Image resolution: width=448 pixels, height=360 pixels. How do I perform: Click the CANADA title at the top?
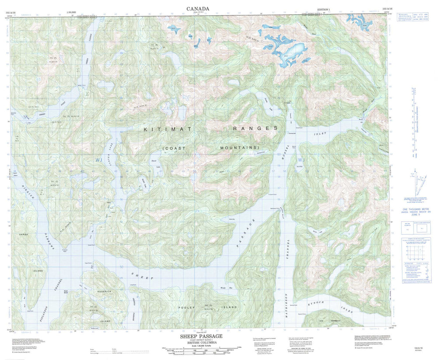point(198,8)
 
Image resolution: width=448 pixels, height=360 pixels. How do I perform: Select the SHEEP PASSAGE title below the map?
point(201,336)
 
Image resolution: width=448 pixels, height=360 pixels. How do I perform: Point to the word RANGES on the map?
point(255,129)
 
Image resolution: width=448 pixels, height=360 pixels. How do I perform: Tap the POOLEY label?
point(189,308)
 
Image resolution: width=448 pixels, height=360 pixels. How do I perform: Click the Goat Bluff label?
point(65,291)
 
